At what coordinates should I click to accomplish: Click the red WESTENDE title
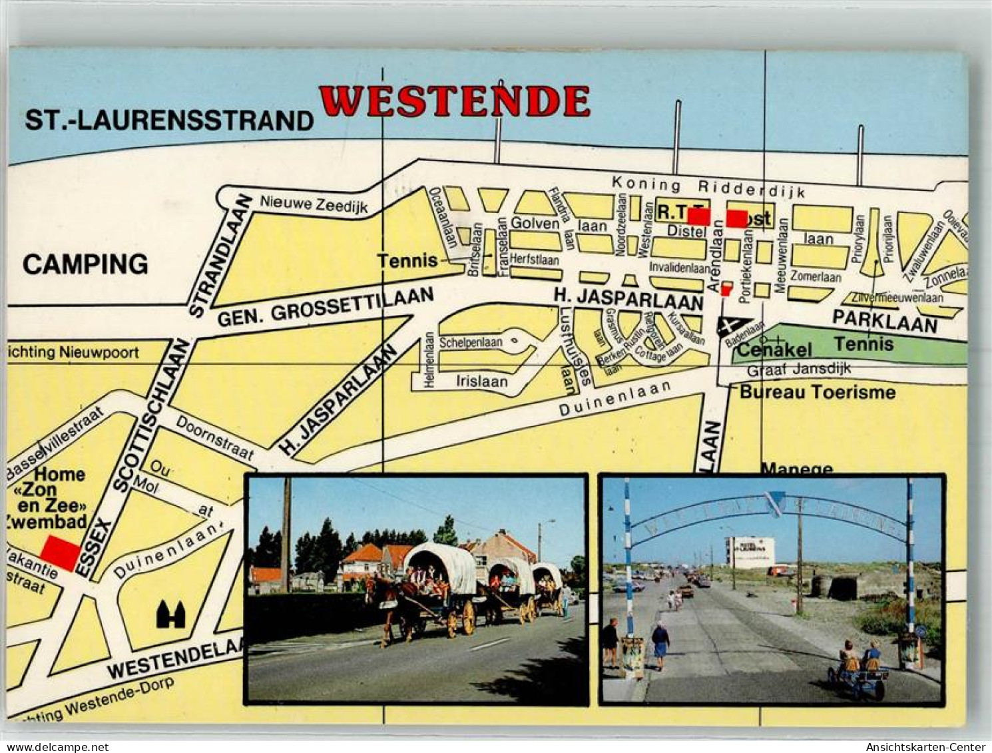455,101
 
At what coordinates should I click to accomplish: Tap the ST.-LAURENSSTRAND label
169,121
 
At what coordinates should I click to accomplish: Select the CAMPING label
85,264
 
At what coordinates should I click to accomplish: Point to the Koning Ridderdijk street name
708,187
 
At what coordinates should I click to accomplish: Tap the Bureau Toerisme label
818,391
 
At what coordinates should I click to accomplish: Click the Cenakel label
775,350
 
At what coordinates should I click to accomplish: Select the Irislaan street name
481,381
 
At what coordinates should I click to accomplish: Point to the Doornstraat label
215,437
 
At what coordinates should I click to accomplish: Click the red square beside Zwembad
60,553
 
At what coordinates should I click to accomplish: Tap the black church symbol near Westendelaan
170,615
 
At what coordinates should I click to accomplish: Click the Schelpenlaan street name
471,343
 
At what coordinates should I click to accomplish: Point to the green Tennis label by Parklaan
864,344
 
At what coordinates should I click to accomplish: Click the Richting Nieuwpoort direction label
73,352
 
